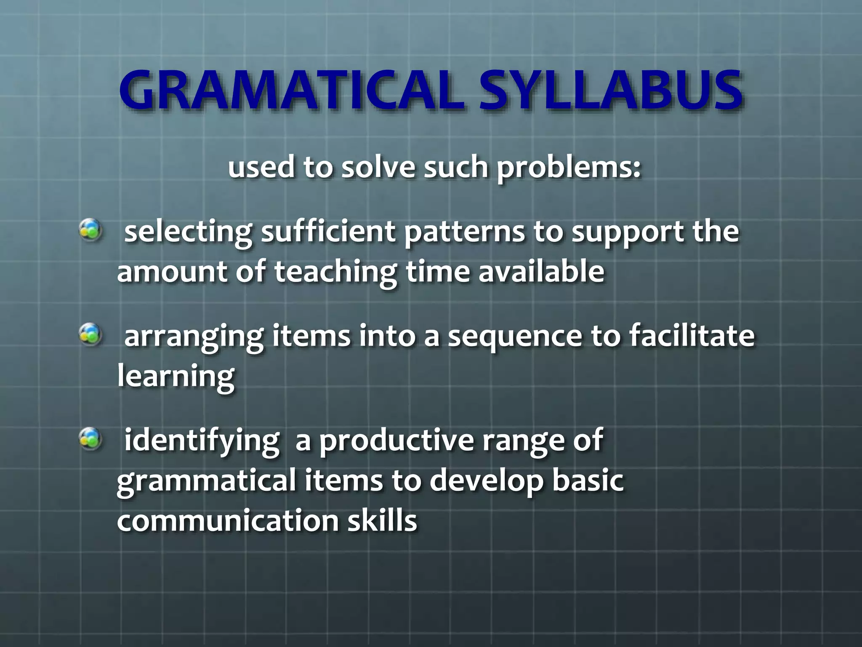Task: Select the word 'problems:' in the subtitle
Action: click(569, 168)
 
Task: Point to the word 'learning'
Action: click(176, 377)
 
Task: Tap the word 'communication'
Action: click(228, 521)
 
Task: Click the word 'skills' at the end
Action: click(382, 521)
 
